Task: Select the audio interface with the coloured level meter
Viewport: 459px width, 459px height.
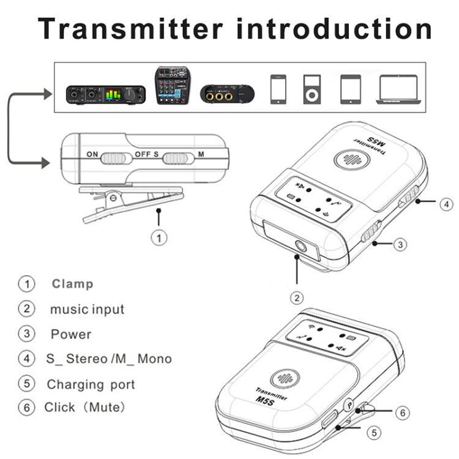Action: [x=106, y=94]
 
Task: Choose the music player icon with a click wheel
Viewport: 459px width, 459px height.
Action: [x=312, y=89]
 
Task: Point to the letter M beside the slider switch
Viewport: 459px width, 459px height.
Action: [x=201, y=155]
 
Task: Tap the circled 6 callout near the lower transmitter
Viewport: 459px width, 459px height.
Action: [x=401, y=413]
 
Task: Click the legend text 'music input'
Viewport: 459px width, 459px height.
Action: [x=87, y=309]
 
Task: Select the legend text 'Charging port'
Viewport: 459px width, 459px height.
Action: [x=91, y=385]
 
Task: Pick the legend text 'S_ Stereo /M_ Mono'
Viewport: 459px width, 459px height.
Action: [x=109, y=359]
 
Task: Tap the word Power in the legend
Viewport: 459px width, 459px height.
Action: [x=70, y=334]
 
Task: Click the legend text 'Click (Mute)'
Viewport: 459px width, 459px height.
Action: [x=84, y=407]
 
